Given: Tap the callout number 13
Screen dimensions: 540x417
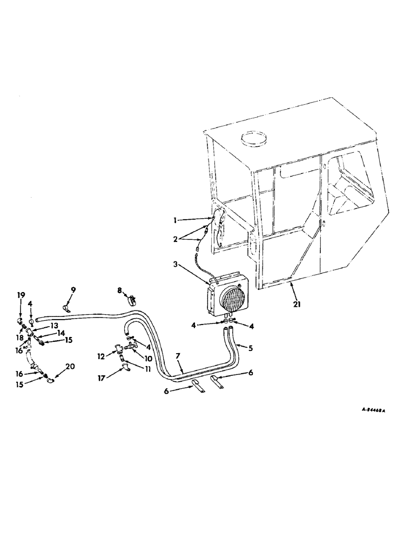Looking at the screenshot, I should pos(55,326).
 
